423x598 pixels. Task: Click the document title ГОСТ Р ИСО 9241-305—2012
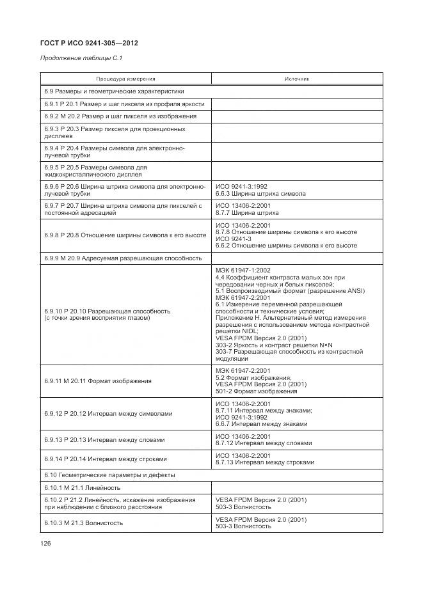(x=90, y=43)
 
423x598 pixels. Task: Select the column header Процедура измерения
(x=126, y=79)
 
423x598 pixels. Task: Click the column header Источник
(x=296, y=79)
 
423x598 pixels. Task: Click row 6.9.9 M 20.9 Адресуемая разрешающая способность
(x=124, y=258)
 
